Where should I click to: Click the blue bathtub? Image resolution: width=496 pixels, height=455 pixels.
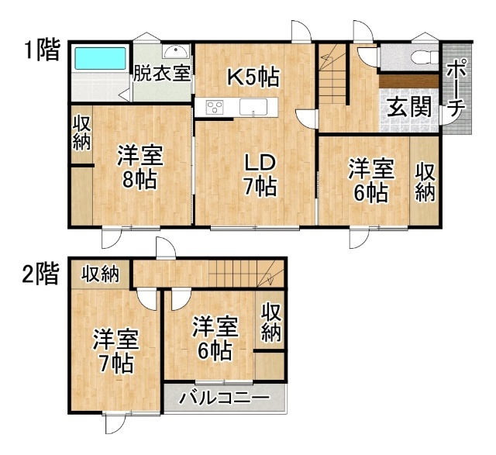click(x=100, y=58)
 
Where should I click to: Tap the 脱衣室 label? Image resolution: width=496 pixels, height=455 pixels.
click(x=162, y=73)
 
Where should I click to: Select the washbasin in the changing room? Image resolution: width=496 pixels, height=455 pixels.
click(x=176, y=51)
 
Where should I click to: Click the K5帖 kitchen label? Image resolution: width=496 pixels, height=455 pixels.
click(x=254, y=78)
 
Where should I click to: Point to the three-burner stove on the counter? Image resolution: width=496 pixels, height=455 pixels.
click(x=215, y=107)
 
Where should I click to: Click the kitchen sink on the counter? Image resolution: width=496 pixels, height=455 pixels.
click(x=253, y=107)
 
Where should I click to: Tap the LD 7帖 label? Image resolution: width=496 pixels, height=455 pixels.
click(x=260, y=175)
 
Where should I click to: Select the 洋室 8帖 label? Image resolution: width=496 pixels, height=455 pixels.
click(x=140, y=167)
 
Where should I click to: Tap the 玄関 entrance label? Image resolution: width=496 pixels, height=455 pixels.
click(x=410, y=107)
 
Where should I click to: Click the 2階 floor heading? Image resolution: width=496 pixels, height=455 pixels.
click(x=41, y=274)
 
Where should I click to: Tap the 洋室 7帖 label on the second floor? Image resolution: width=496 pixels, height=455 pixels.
click(x=115, y=351)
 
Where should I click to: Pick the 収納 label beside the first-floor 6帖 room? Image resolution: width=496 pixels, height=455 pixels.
click(x=425, y=182)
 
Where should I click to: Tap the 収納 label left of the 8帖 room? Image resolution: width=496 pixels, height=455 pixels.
click(x=82, y=133)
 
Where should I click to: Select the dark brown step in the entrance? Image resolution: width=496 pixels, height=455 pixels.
click(x=409, y=81)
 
